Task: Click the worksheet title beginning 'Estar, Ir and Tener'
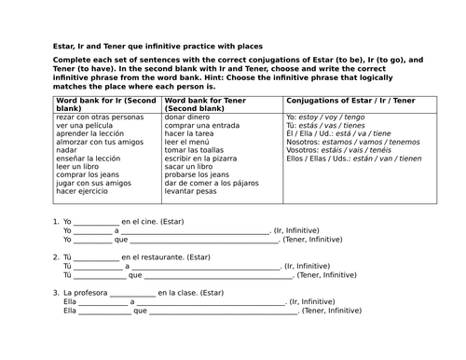[158, 46]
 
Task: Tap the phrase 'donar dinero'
[191, 118]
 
